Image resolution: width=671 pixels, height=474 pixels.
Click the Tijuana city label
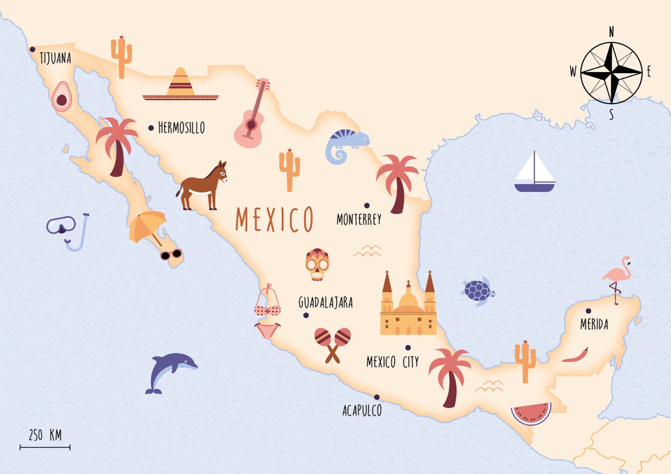[x=55, y=58]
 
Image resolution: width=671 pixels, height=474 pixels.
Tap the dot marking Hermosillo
[x=151, y=128]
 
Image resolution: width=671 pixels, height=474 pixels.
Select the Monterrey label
[x=359, y=219]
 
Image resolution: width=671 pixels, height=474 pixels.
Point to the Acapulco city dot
[x=376, y=397]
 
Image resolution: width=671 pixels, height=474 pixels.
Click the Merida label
[x=594, y=324]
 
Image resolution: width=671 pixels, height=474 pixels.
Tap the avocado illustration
[x=62, y=97]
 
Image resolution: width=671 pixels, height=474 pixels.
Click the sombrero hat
[x=180, y=86]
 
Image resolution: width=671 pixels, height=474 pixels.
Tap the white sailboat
[x=535, y=174]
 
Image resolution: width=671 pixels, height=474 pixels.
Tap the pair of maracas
[x=333, y=344]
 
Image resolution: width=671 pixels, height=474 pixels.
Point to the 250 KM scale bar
[x=45, y=447]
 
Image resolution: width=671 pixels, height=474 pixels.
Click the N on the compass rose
[x=611, y=32]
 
